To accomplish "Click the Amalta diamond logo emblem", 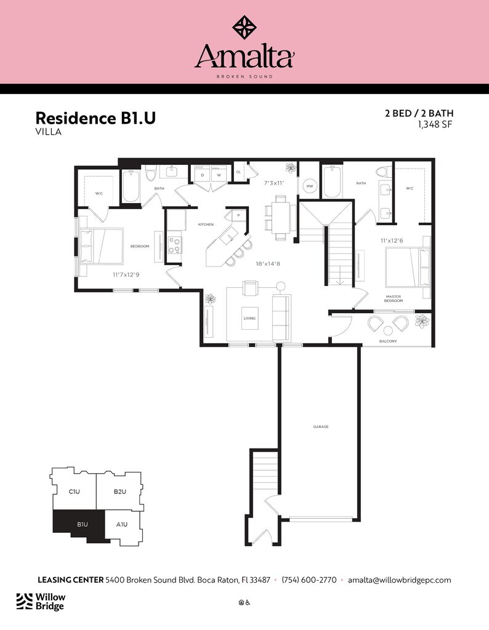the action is tap(244, 27).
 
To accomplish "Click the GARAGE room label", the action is tap(320, 426).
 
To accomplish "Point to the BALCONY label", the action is tap(388, 341).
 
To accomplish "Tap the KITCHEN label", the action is tap(205, 225).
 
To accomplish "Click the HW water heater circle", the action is tap(310, 186).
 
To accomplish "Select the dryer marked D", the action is tap(203, 175).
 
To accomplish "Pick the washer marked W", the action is tap(219, 175).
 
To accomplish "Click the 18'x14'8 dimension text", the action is tap(269, 263).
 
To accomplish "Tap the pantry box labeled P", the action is tap(236, 215).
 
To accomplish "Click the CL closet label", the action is tap(238, 172).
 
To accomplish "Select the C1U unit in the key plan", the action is tap(75, 492).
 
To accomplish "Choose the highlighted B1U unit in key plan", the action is tap(82, 524).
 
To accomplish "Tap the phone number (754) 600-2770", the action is tap(309, 580).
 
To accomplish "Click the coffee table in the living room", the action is tap(249, 318).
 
